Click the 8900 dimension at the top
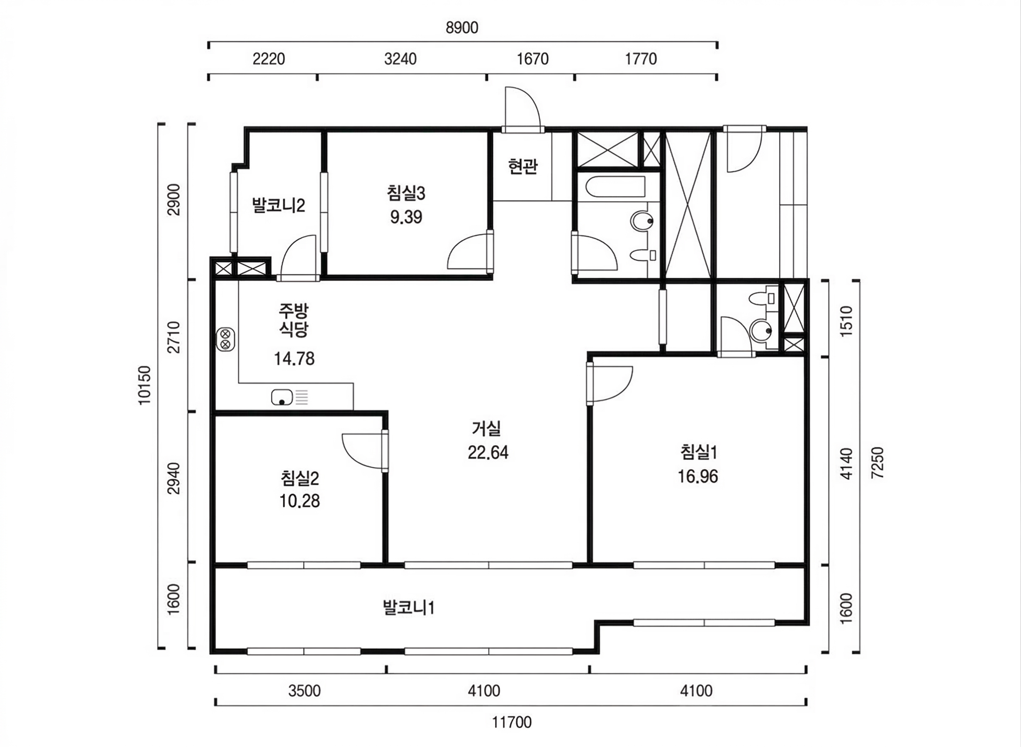click(x=462, y=28)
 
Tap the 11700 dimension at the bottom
click(x=512, y=722)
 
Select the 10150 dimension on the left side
click(x=144, y=385)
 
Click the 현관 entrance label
click(x=523, y=166)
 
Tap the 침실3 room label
click(x=406, y=193)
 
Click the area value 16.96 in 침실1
click(x=698, y=476)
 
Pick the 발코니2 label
click(x=278, y=205)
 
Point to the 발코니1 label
click(x=408, y=607)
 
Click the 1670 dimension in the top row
click(x=533, y=59)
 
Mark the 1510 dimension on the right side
click(x=846, y=321)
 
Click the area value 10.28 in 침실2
click(x=299, y=501)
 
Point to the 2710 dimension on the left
click(x=174, y=337)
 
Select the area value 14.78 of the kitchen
click(x=294, y=358)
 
